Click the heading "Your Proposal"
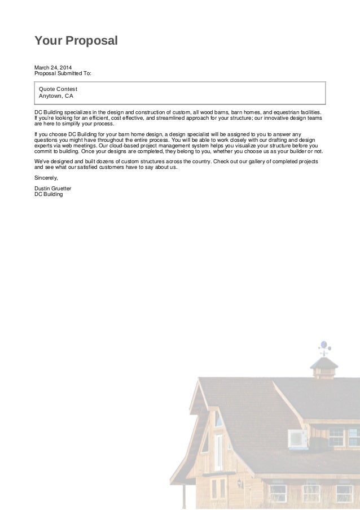76,41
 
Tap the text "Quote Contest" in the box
58,89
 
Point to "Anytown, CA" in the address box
56,96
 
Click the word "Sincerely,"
46,178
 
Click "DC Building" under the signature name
49,194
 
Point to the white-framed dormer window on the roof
297,438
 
